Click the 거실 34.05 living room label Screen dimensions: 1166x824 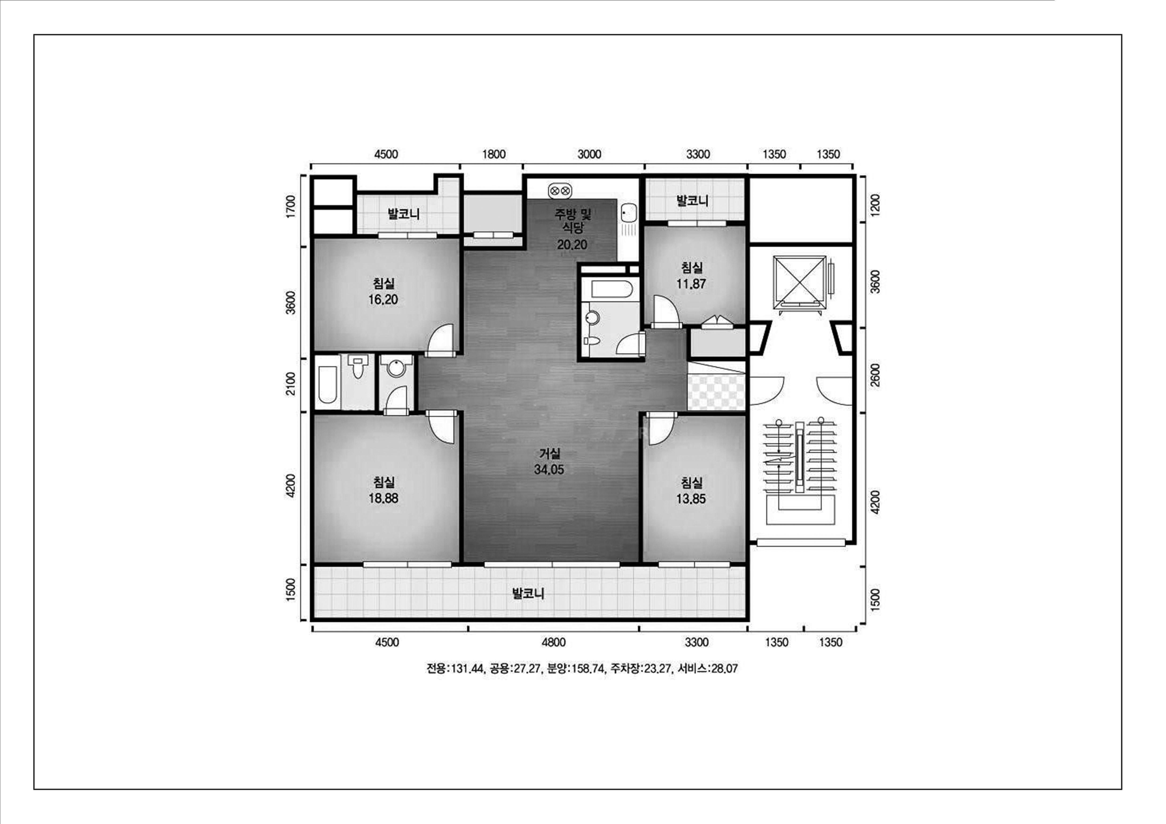549,461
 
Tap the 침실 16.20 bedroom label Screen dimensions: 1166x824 383,291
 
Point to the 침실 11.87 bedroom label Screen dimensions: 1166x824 691,275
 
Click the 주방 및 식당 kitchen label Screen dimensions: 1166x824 572,220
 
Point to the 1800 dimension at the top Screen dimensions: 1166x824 494,154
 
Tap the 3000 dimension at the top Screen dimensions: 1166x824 589,154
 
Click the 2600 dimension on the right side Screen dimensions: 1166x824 875,375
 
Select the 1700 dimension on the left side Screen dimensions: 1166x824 290,207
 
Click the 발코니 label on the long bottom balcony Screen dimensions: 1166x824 528,593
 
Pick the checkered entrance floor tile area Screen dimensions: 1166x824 716,392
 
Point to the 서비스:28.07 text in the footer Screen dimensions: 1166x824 707,668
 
